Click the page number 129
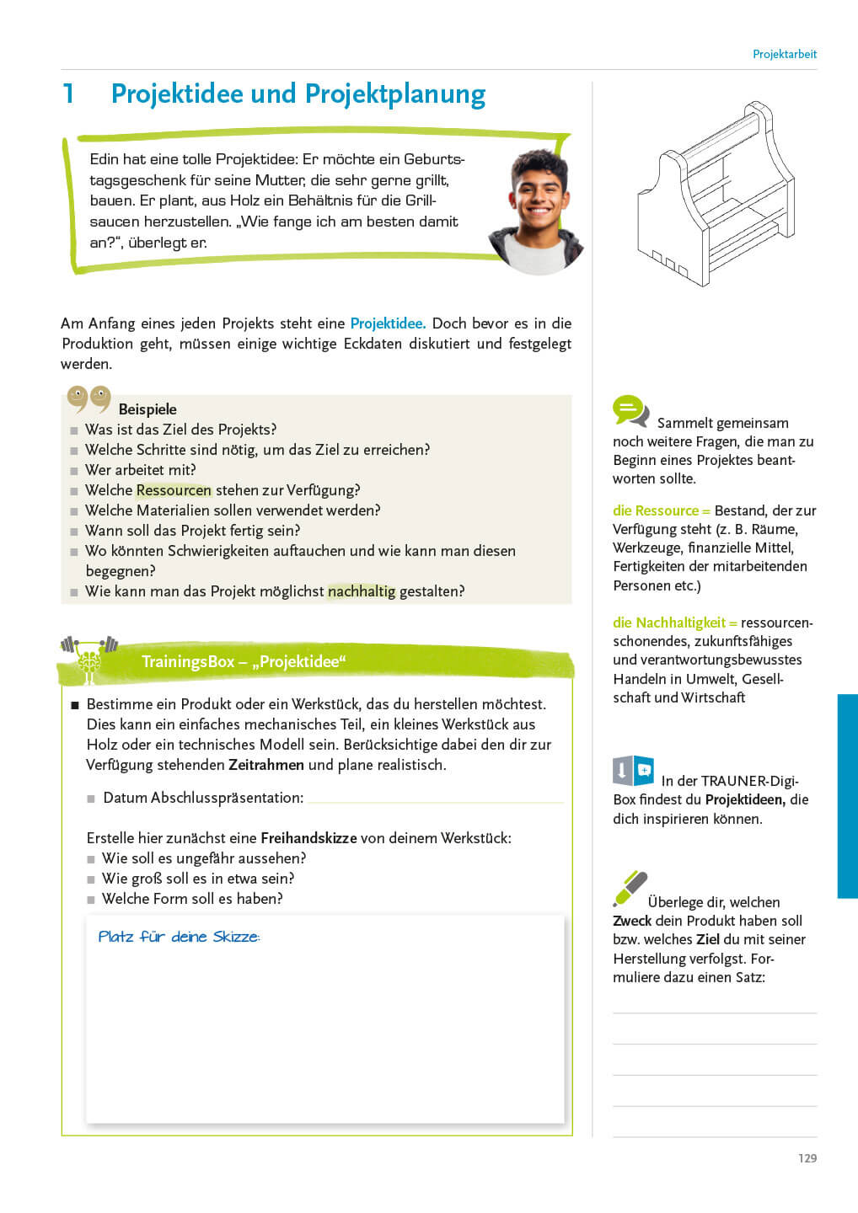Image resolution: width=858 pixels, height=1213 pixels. coord(807,1158)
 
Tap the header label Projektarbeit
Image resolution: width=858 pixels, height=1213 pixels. coord(784,54)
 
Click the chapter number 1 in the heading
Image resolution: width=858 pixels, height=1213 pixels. coord(68,94)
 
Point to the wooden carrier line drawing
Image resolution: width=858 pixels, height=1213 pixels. coord(716,195)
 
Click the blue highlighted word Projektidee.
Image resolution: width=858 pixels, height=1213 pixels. coord(387,323)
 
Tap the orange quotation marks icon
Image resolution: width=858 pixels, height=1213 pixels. coord(88,398)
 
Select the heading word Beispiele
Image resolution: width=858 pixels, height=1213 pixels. coord(147,409)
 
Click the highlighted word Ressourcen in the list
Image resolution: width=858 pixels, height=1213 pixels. coord(174,490)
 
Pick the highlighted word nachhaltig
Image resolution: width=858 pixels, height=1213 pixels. coord(361,591)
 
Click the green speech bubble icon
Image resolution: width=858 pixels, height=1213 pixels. coord(630,410)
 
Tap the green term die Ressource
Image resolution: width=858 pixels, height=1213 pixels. coord(655,510)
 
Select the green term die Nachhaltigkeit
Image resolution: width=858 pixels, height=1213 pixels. coord(668,623)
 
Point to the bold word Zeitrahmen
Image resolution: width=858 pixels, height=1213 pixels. coord(265,765)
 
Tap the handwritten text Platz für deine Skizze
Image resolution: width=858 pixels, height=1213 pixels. coord(179,937)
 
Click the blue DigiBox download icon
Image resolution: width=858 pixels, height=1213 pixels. coord(633,770)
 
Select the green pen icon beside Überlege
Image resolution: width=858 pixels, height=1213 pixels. coord(630,888)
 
